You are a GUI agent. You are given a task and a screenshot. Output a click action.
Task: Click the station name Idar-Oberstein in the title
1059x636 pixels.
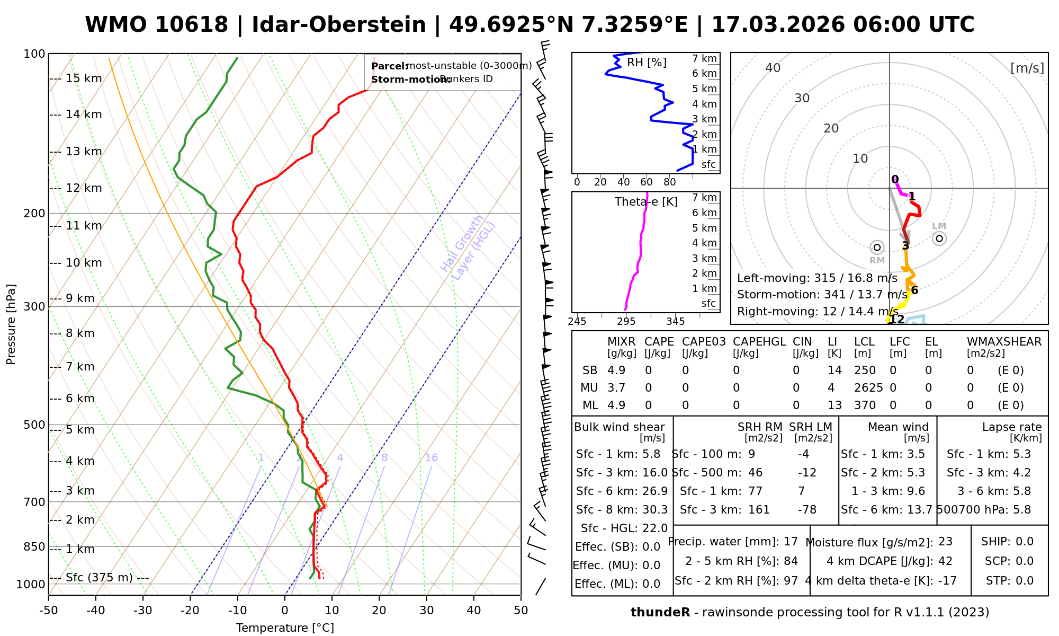(x=339, y=25)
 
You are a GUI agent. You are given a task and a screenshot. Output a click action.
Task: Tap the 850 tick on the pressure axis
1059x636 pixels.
(x=35, y=547)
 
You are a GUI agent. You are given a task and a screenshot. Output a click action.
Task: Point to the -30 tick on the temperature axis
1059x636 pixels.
(x=143, y=611)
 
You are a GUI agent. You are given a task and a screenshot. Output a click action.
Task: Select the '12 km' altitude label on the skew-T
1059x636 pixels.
(x=84, y=188)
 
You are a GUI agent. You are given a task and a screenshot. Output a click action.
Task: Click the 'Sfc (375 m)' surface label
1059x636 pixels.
(x=99, y=577)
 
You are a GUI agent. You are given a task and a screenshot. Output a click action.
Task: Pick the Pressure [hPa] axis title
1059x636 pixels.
(x=11, y=324)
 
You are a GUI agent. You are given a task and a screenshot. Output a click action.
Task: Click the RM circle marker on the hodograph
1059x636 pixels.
(x=877, y=247)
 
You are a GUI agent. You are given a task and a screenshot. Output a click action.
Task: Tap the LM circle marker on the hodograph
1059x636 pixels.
(x=939, y=238)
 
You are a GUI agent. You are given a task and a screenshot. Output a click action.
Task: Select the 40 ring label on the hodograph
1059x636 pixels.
(x=773, y=68)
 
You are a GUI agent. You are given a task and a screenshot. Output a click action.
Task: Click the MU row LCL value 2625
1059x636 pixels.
(x=868, y=388)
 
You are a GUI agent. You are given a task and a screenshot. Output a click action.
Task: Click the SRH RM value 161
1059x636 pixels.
(x=759, y=510)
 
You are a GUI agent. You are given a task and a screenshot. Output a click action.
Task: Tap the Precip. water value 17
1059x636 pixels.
(x=791, y=542)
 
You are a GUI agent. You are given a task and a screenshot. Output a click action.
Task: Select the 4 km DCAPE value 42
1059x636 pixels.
(x=945, y=561)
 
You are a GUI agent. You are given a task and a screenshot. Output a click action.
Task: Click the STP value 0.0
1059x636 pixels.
(x=1025, y=581)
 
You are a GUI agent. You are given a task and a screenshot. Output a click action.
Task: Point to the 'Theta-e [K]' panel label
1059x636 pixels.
(x=646, y=202)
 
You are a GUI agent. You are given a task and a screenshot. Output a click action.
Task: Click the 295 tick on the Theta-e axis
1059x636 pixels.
(x=626, y=322)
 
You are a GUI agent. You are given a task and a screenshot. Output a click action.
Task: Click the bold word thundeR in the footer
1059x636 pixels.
(x=660, y=613)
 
